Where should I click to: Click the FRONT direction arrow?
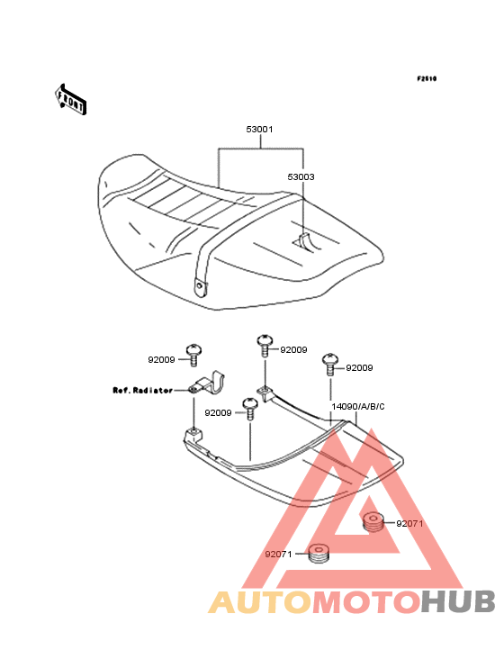[x=70, y=99]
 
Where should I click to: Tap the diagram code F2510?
[x=427, y=78]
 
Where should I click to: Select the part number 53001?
[x=259, y=130]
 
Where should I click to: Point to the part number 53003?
[x=301, y=177]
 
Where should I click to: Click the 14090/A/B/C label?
[x=358, y=407]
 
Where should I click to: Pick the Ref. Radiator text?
[x=143, y=391]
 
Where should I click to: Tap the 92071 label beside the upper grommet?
[x=409, y=524]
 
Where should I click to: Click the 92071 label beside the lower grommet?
[x=278, y=555]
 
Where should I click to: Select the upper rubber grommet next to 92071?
[x=373, y=521]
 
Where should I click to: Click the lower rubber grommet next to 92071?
[x=319, y=553]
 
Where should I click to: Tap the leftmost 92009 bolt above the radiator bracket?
[x=193, y=356]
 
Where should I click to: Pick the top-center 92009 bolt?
[x=265, y=346]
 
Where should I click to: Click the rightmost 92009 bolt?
[x=330, y=364]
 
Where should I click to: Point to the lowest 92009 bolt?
[x=250, y=409]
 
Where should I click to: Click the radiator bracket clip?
[x=206, y=384]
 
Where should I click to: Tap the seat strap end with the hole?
[x=201, y=286]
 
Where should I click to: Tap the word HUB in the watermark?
[x=459, y=601]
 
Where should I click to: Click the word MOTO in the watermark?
[x=367, y=601]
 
